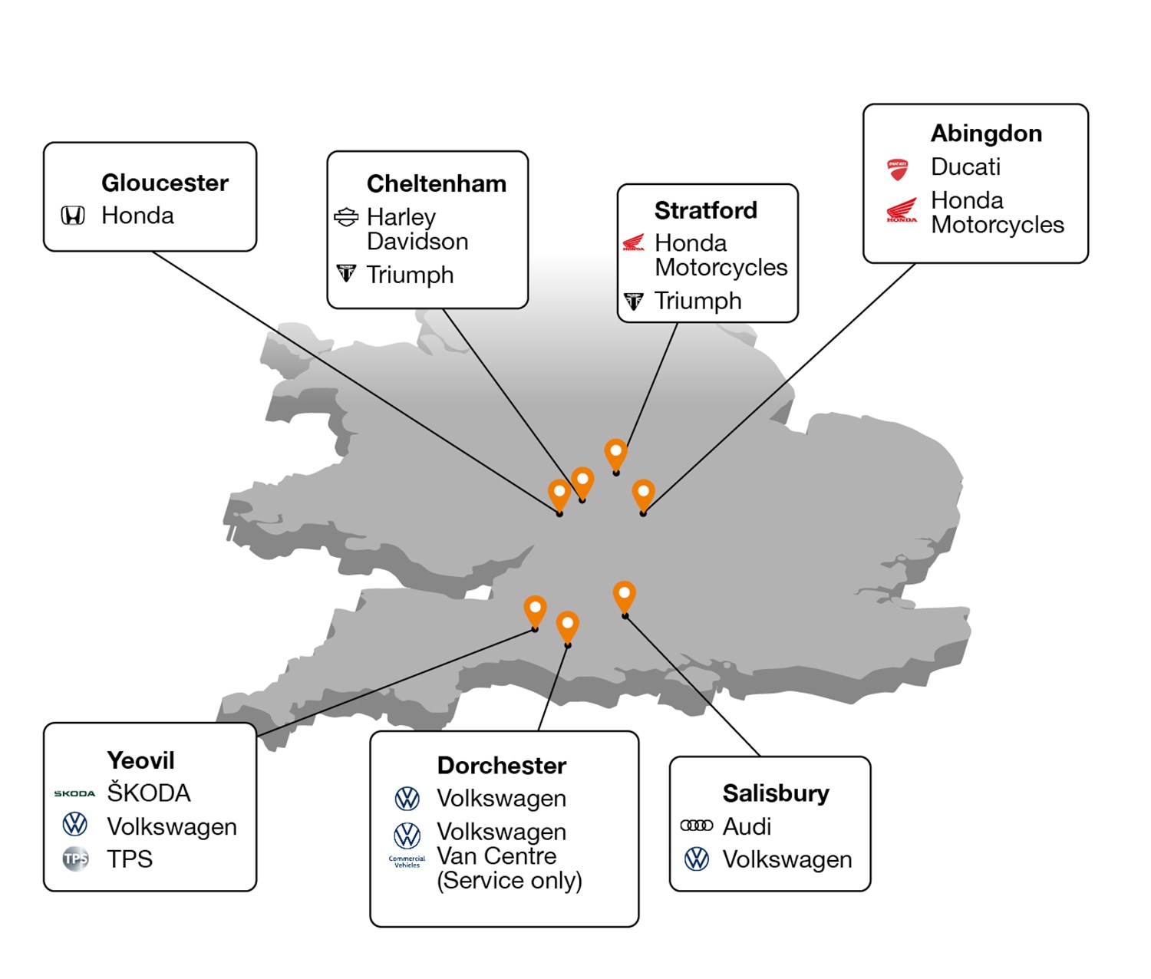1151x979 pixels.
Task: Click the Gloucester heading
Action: pyautogui.click(x=165, y=183)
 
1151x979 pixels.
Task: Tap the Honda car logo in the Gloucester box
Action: pyautogui.click(x=73, y=216)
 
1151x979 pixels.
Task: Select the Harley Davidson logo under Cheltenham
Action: pyautogui.click(x=346, y=217)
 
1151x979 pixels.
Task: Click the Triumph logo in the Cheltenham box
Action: pyautogui.click(x=346, y=273)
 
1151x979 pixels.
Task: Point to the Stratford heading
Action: pyautogui.click(x=705, y=210)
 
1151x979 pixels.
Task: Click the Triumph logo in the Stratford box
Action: pyautogui.click(x=634, y=302)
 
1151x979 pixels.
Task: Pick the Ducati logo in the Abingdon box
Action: pyautogui.click(x=898, y=170)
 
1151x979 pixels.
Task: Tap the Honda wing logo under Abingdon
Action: pyautogui.click(x=902, y=210)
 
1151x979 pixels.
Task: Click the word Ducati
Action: pyautogui.click(x=965, y=166)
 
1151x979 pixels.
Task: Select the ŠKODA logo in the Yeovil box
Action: pyautogui.click(x=74, y=793)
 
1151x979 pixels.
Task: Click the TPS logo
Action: pyautogui.click(x=76, y=858)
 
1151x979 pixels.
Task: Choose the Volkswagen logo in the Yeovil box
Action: pyautogui.click(x=74, y=824)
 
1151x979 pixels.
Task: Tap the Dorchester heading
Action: pyautogui.click(x=502, y=766)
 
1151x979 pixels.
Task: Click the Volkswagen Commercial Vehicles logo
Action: pyautogui.click(x=407, y=845)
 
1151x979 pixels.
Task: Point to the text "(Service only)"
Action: pyautogui.click(x=510, y=881)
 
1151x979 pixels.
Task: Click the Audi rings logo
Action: pyautogui.click(x=697, y=826)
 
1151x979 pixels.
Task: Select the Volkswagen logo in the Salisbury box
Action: pyautogui.click(x=697, y=859)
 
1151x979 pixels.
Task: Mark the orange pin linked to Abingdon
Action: pyautogui.click(x=643, y=495)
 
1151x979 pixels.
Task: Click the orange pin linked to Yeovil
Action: pyautogui.click(x=535, y=611)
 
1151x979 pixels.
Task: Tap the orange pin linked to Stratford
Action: pyautogui.click(x=616, y=454)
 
